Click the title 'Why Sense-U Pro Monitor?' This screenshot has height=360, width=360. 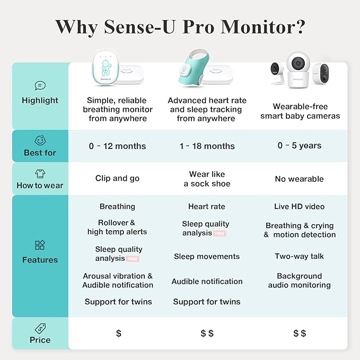click(x=180, y=27)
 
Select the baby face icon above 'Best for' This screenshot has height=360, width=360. click(x=40, y=141)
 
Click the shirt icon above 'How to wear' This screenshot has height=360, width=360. click(x=40, y=173)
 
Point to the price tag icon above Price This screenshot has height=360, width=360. click(x=40, y=328)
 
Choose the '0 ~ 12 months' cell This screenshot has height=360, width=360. click(x=117, y=146)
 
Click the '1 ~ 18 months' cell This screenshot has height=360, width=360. click(x=206, y=146)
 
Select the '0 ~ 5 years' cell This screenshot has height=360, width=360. click(x=299, y=146)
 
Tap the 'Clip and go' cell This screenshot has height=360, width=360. click(x=117, y=179)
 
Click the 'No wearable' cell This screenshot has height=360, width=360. click(x=299, y=179)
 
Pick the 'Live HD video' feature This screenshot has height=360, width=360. click(x=299, y=207)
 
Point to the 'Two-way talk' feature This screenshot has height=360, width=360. click(x=299, y=257)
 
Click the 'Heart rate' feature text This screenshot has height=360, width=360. click(x=206, y=207)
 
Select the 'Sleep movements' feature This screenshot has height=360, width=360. click(x=206, y=257)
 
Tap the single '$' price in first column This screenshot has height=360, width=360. click(x=118, y=333)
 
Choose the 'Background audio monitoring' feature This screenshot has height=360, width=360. click(x=299, y=280)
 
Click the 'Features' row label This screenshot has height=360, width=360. click(x=40, y=260)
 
